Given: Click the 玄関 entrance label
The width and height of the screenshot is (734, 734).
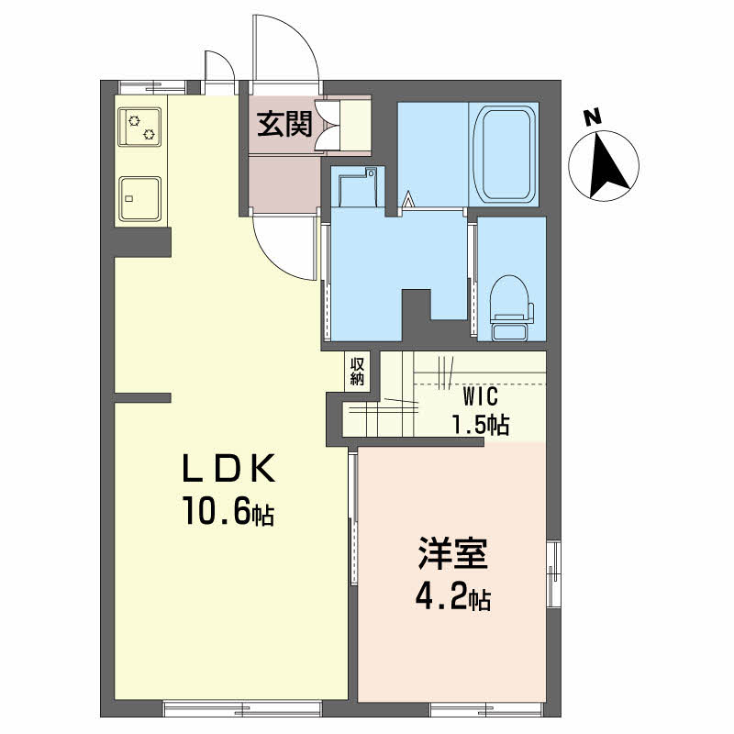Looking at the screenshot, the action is pyautogui.click(x=284, y=124).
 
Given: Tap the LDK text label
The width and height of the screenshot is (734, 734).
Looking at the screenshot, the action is pyautogui.click(x=228, y=468).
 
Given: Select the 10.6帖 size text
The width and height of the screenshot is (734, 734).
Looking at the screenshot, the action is pyautogui.click(x=228, y=511).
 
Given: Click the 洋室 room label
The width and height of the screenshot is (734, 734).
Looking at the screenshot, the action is pyautogui.click(x=452, y=554).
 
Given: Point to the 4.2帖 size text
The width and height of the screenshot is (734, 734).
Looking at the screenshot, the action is pyautogui.click(x=452, y=597).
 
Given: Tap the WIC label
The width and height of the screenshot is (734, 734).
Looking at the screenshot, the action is pyautogui.click(x=480, y=397).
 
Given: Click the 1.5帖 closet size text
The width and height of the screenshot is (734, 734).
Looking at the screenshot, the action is pyautogui.click(x=480, y=425).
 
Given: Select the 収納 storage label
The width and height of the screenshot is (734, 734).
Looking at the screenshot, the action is pyautogui.click(x=357, y=371).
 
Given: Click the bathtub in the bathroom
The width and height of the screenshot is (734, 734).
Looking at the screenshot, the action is pyautogui.click(x=504, y=154).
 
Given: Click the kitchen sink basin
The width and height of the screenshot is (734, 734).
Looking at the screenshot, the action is pyautogui.click(x=139, y=198).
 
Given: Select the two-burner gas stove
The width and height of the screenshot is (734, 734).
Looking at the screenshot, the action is pyautogui.click(x=139, y=127).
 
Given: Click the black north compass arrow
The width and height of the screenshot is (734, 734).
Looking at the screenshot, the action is pyautogui.click(x=607, y=164).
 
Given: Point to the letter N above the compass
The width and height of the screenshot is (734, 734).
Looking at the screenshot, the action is pyautogui.click(x=593, y=117).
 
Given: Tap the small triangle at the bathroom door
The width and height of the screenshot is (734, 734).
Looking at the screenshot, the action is pyautogui.click(x=408, y=199).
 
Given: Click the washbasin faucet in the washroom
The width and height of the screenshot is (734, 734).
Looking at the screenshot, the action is pyautogui.click(x=371, y=172).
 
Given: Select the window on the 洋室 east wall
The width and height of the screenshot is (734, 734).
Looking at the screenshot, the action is pyautogui.click(x=554, y=573).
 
